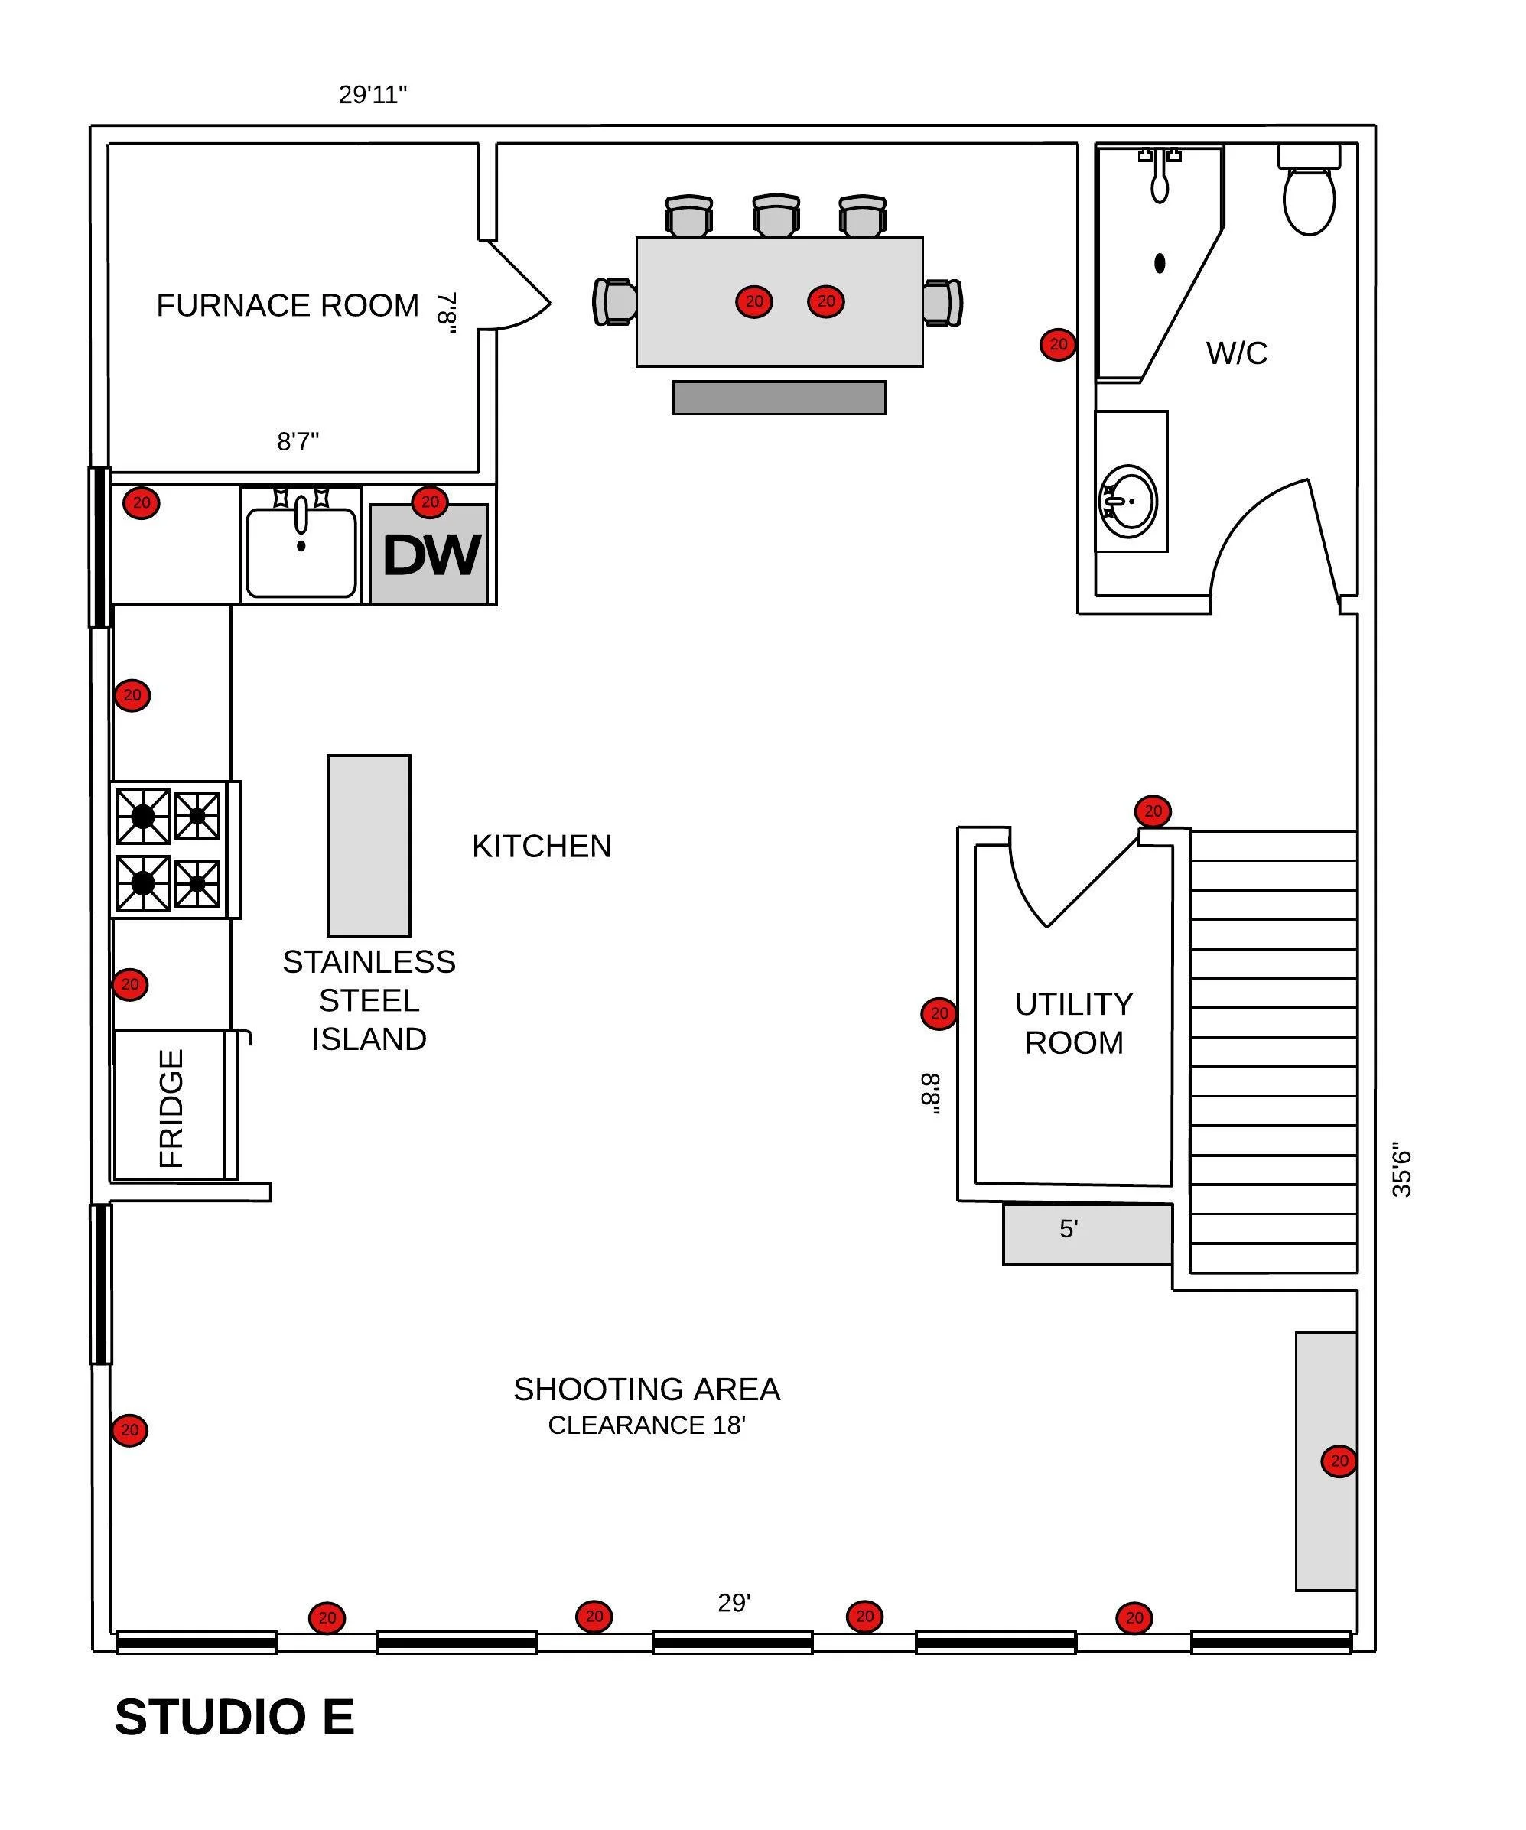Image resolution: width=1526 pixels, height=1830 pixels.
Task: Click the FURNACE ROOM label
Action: (288, 306)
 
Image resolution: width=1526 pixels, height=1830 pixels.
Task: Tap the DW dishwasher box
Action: (429, 555)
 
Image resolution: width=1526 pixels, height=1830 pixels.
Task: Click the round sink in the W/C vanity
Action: (1130, 502)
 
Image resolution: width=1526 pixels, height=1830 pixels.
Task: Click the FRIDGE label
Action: (171, 1108)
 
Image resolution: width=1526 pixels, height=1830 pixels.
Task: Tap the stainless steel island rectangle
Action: (369, 845)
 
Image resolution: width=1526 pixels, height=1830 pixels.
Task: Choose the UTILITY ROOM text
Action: (1074, 1023)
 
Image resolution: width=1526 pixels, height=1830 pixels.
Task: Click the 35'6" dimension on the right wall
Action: (1401, 1169)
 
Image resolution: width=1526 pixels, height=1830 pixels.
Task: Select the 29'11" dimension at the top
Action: (373, 94)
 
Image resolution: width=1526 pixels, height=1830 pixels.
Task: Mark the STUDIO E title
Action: (234, 1718)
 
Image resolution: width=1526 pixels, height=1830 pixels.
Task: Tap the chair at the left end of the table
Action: (615, 302)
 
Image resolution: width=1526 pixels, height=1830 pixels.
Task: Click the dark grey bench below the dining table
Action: (779, 398)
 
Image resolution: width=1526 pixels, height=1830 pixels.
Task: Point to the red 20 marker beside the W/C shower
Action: (1058, 345)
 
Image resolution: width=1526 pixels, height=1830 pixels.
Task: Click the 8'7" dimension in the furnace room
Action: (298, 442)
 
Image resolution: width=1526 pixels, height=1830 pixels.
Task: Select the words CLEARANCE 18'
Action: (646, 1425)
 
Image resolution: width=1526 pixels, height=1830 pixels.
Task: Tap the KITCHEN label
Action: (542, 846)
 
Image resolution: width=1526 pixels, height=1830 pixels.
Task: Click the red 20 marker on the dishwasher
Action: (430, 502)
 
